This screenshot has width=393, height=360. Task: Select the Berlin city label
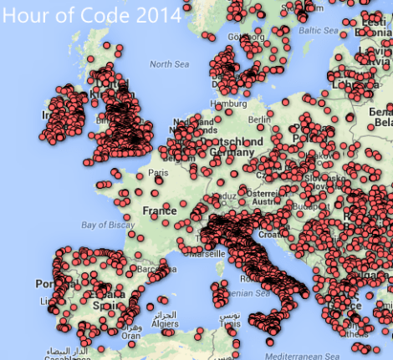[x=281, y=119]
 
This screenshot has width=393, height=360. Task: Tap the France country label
[x=159, y=210]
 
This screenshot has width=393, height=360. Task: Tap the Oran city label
[x=129, y=337]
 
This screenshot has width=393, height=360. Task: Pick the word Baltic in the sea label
[x=310, y=31]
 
